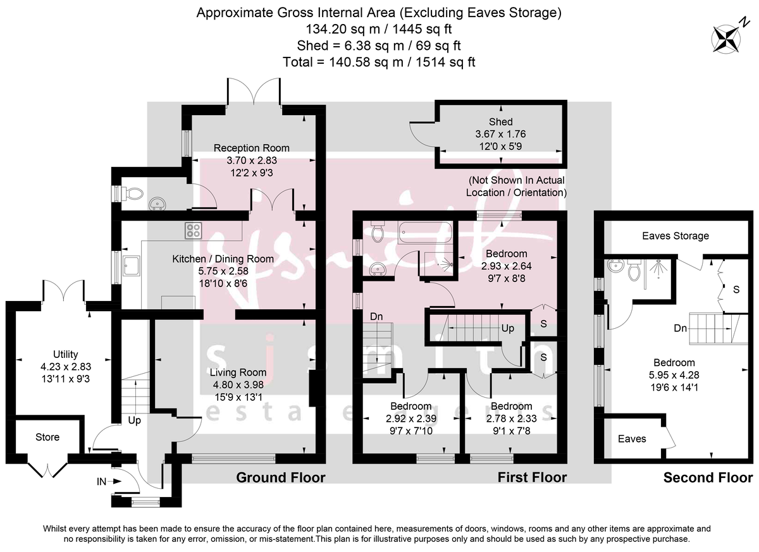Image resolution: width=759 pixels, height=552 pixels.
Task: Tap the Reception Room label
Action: pyautogui.click(x=251, y=148)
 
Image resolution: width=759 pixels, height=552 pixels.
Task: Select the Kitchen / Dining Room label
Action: pyautogui.click(x=223, y=259)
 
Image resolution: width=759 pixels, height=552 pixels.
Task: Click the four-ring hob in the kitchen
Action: pyautogui.click(x=193, y=231)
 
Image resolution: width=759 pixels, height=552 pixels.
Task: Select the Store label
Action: pyautogui.click(x=47, y=437)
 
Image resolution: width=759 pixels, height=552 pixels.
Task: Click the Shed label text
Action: pyautogui.click(x=500, y=121)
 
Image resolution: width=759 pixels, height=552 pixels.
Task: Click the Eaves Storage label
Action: pyautogui.click(x=675, y=236)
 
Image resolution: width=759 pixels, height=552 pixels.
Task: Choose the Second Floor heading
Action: pyautogui.click(x=708, y=478)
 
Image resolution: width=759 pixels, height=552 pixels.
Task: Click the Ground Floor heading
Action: pyautogui.click(x=280, y=477)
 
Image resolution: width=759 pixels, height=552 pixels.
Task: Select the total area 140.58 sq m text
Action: pyautogui.click(x=379, y=61)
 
